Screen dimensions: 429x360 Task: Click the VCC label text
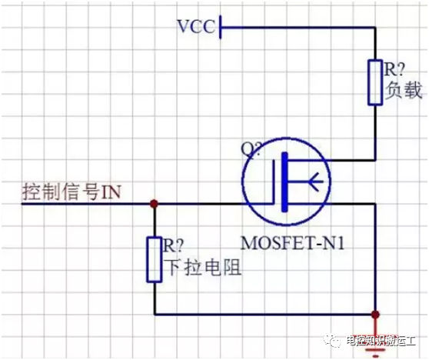coord(196,27)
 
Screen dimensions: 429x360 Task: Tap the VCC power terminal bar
coord(220,27)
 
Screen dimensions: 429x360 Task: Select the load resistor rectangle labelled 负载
coord(375,82)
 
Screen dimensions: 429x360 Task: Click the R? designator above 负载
coord(394,69)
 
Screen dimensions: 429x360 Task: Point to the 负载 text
coord(404,90)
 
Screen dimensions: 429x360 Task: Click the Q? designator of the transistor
coord(251,149)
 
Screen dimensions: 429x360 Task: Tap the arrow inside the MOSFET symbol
coord(317,182)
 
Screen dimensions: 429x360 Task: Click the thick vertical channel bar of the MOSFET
coord(285,182)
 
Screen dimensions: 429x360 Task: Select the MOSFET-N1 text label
coord(292,242)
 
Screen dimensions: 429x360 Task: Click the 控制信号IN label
coord(71,192)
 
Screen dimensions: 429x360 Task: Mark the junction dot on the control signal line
coord(155,204)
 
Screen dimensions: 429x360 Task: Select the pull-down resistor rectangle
coord(154,259)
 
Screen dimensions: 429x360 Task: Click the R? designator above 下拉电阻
coord(173,245)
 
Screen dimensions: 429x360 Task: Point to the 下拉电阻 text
coord(203,267)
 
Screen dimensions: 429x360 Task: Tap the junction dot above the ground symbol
coord(376,315)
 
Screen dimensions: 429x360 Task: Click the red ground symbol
coord(376,344)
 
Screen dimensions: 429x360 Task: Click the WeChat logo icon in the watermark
coord(332,340)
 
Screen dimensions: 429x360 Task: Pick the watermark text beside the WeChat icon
coord(381,341)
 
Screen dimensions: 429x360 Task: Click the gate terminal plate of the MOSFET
coord(274,182)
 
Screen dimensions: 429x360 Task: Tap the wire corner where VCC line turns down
coord(375,28)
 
